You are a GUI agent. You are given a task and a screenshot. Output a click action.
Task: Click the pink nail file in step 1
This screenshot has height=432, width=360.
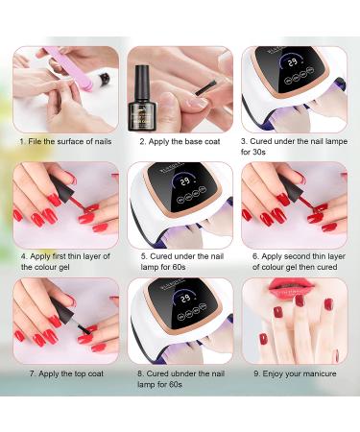[70, 68]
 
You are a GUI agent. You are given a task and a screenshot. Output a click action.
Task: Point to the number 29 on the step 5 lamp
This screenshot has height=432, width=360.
[185, 181]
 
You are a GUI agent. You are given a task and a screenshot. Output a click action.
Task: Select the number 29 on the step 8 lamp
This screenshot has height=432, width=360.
[185, 299]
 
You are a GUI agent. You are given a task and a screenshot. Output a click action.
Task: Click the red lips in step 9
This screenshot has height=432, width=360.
[291, 288]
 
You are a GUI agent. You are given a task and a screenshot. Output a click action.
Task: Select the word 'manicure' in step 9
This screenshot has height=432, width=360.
[320, 373]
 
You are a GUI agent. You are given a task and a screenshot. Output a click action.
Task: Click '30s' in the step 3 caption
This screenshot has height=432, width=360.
[259, 152]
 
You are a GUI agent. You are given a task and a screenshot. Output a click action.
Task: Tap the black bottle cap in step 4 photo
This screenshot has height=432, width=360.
[62, 187]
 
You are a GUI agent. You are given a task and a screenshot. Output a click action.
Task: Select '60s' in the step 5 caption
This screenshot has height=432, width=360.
[179, 267]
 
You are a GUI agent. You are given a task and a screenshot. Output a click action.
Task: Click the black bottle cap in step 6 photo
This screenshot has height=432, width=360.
[291, 187]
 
